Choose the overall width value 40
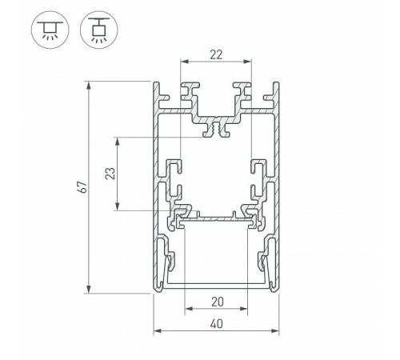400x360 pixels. tap(215, 322)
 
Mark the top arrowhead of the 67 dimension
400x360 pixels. tap(88, 84)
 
